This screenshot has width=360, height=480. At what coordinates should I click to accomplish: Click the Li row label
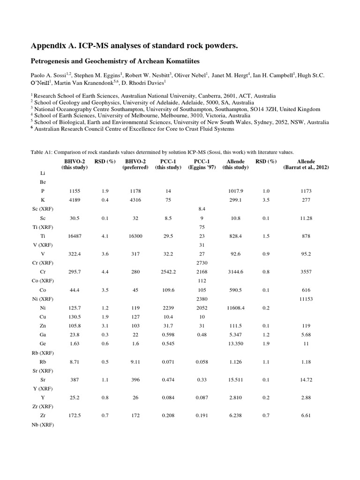43,173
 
